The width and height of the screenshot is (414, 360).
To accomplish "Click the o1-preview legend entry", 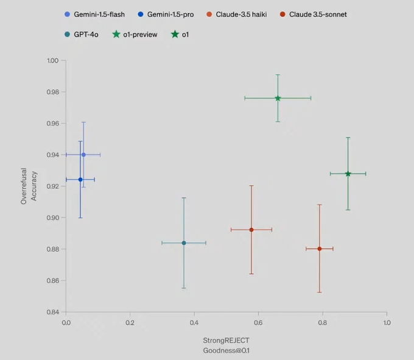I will pyautogui.click(x=139, y=35).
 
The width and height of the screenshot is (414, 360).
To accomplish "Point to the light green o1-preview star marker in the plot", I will pyautogui.click(x=278, y=98).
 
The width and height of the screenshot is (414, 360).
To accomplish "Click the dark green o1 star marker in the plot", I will pyautogui.click(x=348, y=174).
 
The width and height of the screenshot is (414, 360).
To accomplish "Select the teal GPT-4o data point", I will pyautogui.click(x=184, y=243).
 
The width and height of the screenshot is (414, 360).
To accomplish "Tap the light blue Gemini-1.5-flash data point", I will pyautogui.click(x=83, y=155).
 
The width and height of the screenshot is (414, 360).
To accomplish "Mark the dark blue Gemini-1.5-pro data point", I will pyautogui.click(x=80, y=180).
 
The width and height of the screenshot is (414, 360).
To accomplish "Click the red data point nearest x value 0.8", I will pyautogui.click(x=319, y=249).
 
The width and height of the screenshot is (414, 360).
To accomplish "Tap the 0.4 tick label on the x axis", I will pyautogui.click(x=194, y=323).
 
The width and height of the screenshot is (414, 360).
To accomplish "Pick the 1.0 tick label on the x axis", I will pyautogui.click(x=387, y=323).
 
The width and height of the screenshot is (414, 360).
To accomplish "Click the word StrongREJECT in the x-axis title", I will pyautogui.click(x=226, y=341).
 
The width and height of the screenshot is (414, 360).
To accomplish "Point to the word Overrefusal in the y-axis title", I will pyautogui.click(x=24, y=186).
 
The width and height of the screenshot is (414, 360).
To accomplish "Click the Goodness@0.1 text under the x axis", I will pyautogui.click(x=226, y=350).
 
